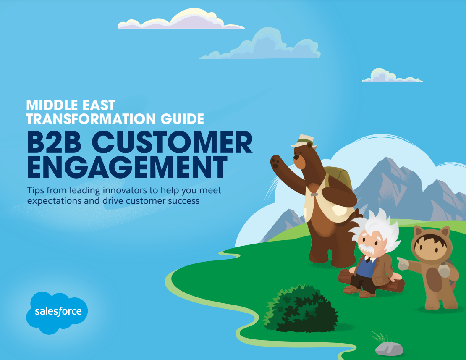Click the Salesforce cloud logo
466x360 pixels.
[x=57, y=313]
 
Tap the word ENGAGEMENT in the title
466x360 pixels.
[x=127, y=167]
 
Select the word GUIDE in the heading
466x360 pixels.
[x=182, y=118]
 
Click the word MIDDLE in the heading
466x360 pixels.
[x=50, y=105]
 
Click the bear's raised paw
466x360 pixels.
[x=277, y=163]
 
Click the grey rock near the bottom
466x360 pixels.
[x=389, y=348]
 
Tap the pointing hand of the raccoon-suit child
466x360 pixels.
[x=403, y=263]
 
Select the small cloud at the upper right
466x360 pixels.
[x=392, y=76]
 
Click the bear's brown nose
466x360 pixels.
[x=296, y=156]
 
